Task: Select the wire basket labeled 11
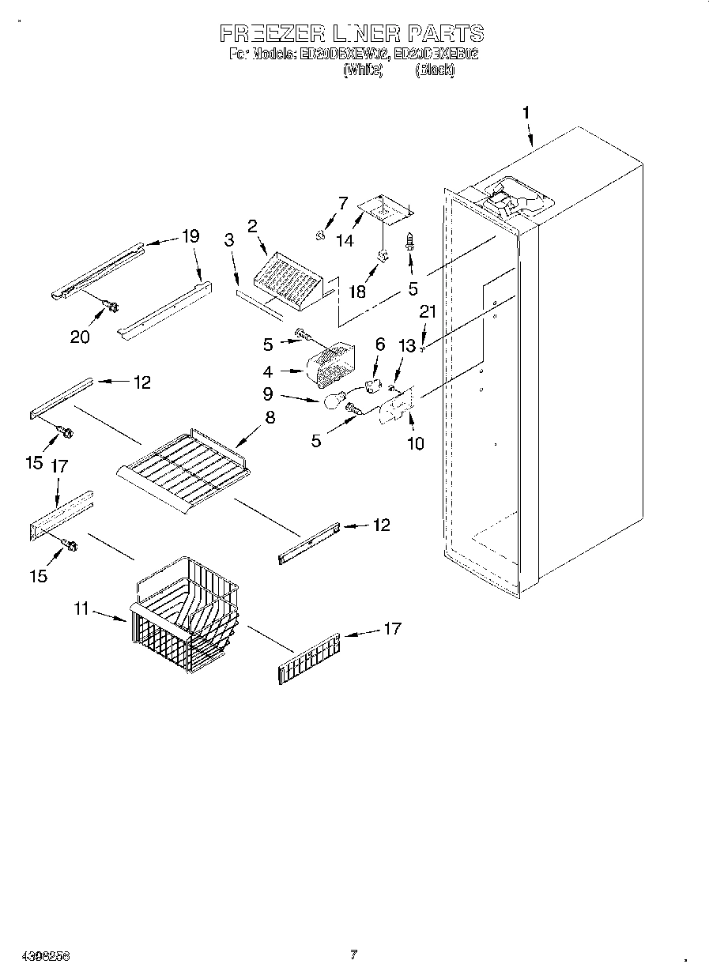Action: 186,616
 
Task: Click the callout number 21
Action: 427,312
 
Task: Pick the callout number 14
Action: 345,241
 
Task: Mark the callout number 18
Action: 357,292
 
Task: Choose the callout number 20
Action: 80,337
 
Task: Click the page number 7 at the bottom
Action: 353,955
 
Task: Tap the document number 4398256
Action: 36,955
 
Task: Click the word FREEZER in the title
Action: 271,34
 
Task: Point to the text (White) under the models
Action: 363,70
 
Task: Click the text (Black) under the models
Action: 435,70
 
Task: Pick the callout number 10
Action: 415,443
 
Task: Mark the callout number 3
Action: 229,241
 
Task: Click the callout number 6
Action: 379,344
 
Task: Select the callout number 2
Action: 252,226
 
